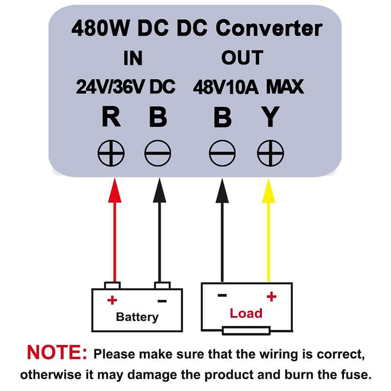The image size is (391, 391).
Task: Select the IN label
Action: click(x=132, y=58)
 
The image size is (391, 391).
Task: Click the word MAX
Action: click(x=285, y=87)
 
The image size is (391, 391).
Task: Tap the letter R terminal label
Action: click(x=111, y=118)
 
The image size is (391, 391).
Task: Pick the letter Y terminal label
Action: click(x=270, y=118)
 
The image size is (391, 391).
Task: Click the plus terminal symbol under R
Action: click(x=111, y=154)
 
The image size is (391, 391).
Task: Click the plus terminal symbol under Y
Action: click(x=270, y=154)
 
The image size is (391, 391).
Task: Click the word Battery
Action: click(x=137, y=317)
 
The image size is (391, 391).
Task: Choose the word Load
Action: click(x=246, y=313)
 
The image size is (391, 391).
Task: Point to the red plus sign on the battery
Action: click(x=112, y=299)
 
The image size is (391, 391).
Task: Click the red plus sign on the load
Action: click(x=271, y=296)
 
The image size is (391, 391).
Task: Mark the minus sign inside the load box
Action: click(x=222, y=295)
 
